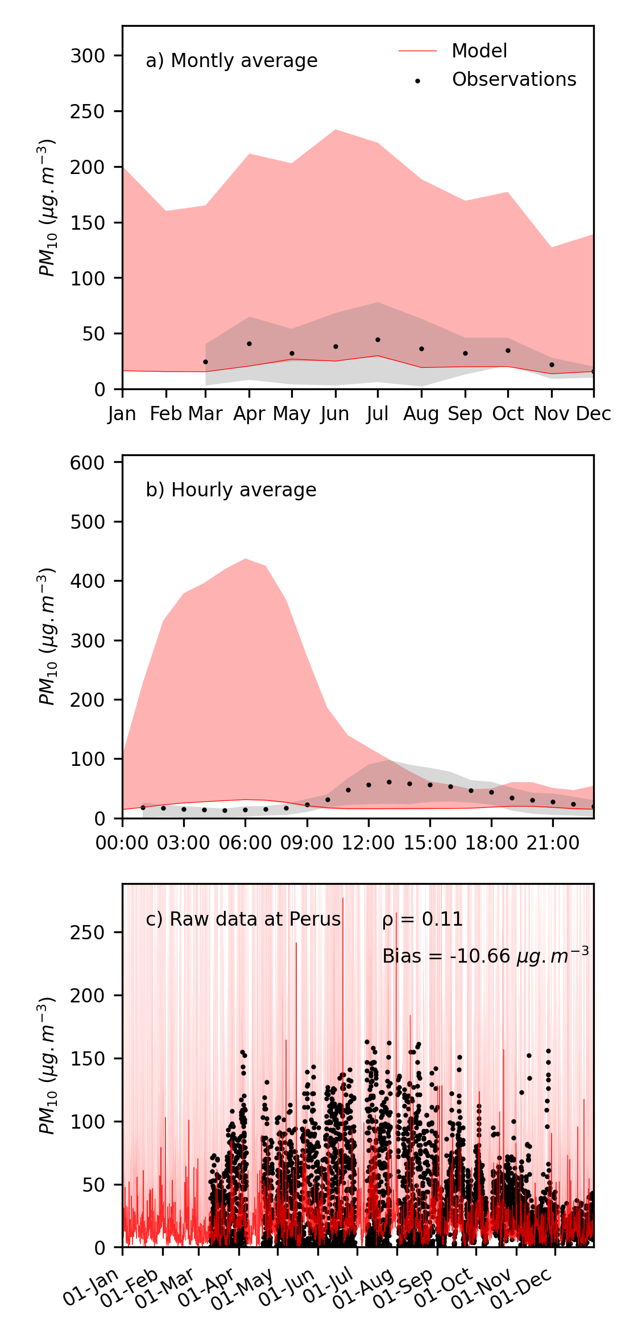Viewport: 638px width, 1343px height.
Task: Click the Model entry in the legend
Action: pos(479,51)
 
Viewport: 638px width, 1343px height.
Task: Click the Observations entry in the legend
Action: pos(513,80)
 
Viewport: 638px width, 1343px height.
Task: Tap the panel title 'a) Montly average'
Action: pos(231,61)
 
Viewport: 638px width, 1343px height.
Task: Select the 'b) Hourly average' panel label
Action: pos(231,490)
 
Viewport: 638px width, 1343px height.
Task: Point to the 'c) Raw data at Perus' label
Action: pos(243,919)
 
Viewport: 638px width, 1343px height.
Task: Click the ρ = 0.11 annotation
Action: pos(422,919)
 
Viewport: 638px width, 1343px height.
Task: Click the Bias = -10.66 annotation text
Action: pos(485,956)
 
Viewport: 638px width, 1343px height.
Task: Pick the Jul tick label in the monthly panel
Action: pos(378,414)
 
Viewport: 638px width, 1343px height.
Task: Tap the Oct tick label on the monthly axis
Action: pos(508,414)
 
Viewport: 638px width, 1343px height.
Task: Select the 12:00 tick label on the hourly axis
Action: pos(368,843)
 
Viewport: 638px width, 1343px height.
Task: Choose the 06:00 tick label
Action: pos(245,843)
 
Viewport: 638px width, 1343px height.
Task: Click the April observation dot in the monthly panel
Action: pos(249,344)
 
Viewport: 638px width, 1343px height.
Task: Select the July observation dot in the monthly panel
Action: pos(378,339)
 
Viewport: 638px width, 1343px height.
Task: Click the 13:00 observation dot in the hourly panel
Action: pos(389,782)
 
